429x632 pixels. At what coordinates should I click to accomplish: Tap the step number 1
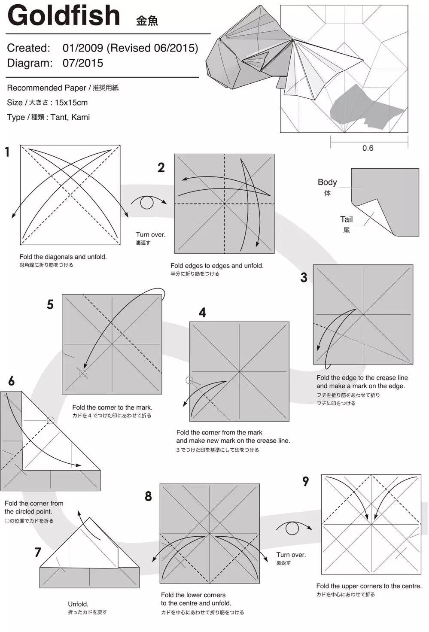pos(7,152)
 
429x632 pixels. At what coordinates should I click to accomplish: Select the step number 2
pos(161,167)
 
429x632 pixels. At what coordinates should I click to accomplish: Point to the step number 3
pos(304,277)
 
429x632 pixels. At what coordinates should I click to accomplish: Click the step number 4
pos(202,313)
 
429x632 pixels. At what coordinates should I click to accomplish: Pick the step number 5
pos(50,304)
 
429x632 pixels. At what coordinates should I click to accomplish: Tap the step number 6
pos(11,381)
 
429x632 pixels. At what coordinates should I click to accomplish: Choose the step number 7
pos(38,552)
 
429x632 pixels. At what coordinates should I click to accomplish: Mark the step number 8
pos(148,496)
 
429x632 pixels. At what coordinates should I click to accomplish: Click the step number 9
pos(305,481)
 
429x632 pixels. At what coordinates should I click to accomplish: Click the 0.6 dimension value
pos(368,148)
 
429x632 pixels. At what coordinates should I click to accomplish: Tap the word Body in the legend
pos(327,182)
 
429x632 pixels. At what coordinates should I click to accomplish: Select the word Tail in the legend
pos(346,219)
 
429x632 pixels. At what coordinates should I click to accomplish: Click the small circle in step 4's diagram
pos(189,380)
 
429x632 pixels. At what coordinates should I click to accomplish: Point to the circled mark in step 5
pos(83,374)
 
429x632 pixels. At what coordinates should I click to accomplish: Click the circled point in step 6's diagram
pos(50,420)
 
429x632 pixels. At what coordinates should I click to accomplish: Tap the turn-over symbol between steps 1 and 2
pos(147,203)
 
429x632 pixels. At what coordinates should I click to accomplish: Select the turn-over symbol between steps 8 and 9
pos(292,528)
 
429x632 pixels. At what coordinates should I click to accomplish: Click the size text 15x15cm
pos(71,103)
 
